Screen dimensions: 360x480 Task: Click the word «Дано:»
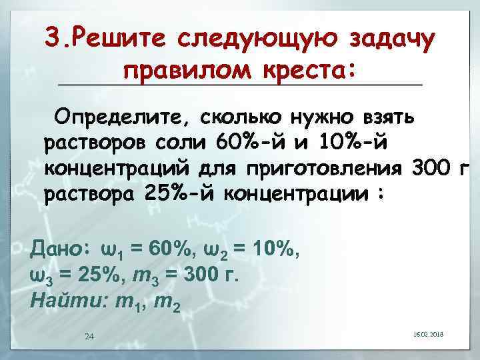pyautogui.click(x=59, y=249)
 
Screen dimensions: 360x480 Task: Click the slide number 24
pyautogui.click(x=89, y=335)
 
